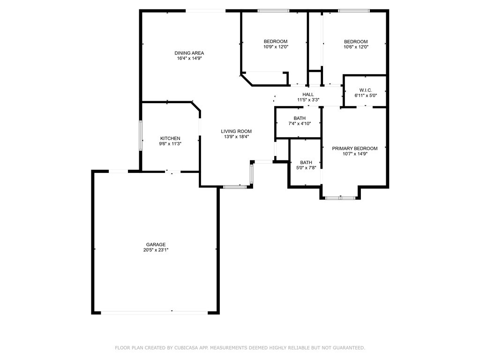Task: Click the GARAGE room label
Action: point(156,245)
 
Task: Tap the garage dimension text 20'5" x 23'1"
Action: point(156,250)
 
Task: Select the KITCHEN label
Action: point(170,138)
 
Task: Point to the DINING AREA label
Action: point(189,53)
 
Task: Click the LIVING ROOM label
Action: point(236,131)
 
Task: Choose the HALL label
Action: point(308,94)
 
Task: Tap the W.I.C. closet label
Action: point(366,90)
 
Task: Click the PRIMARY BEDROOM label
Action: point(354,149)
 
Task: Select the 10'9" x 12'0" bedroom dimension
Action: point(276,47)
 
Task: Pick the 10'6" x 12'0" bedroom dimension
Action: point(356,47)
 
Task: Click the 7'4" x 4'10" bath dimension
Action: point(300,124)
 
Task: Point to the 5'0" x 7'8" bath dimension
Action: point(306,168)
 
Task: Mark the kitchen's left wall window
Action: point(140,136)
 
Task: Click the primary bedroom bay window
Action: point(340,198)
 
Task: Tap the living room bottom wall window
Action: point(234,187)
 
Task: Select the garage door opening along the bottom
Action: point(155,312)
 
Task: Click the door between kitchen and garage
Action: point(172,172)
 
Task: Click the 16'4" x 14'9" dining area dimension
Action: point(189,59)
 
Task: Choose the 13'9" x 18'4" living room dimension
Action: point(236,137)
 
